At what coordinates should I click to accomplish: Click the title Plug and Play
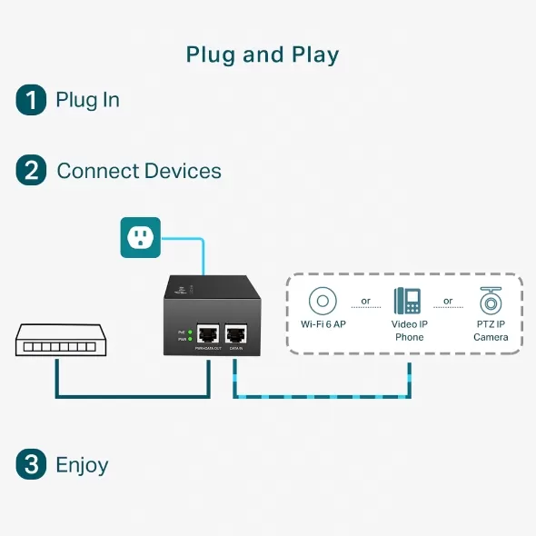pyautogui.click(x=263, y=55)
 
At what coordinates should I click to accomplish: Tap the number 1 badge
pyautogui.click(x=31, y=99)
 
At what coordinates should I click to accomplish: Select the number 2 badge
pyautogui.click(x=31, y=171)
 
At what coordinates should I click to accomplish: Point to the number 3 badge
pyautogui.click(x=31, y=465)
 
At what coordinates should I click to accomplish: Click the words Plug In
pyautogui.click(x=87, y=99)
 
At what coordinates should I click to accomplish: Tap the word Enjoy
pyautogui.click(x=82, y=465)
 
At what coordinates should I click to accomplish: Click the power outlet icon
pyautogui.click(x=140, y=238)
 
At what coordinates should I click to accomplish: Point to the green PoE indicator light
pyautogui.click(x=190, y=332)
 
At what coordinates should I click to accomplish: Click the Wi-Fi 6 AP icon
pyautogui.click(x=322, y=301)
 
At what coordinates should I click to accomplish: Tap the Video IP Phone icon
pyautogui.click(x=408, y=301)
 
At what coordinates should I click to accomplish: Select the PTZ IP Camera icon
pyautogui.click(x=491, y=301)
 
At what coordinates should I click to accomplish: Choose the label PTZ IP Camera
pyautogui.click(x=491, y=331)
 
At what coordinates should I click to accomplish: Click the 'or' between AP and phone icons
pyautogui.click(x=365, y=301)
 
